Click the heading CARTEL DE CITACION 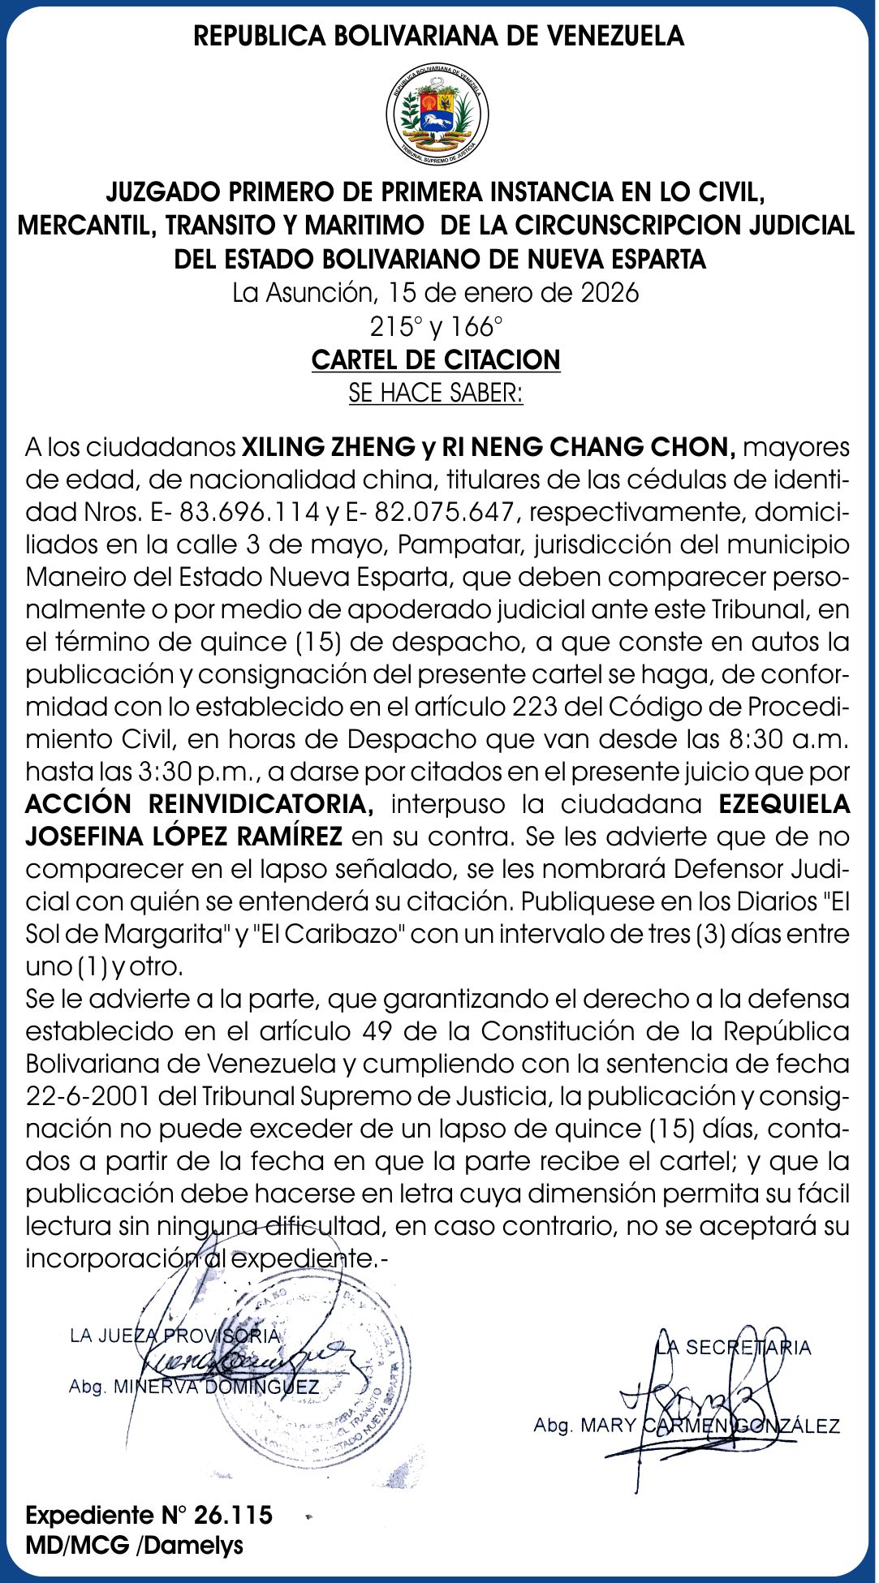coord(436,359)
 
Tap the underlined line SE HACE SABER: coord(436,393)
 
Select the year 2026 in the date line coord(610,292)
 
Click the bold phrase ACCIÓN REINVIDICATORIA coord(200,804)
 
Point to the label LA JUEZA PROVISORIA coord(175,1336)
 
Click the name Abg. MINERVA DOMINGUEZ coord(194,1387)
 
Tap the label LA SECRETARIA coord(734,1348)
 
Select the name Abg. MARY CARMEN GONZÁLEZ coord(687,1426)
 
